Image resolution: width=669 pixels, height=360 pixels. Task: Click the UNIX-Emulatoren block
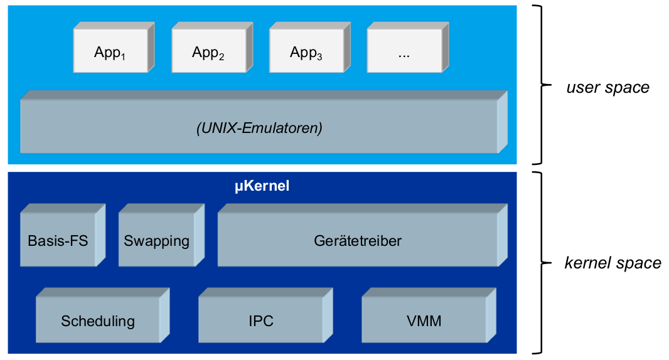pyautogui.click(x=259, y=128)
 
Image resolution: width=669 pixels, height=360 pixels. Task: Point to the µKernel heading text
pyautogui.click(x=262, y=186)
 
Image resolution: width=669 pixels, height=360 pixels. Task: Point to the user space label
pyautogui.click(x=607, y=87)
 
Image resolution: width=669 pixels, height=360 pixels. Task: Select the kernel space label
pyautogui.click(x=613, y=263)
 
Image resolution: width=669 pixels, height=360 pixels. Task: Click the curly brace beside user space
pyautogui.click(x=538, y=85)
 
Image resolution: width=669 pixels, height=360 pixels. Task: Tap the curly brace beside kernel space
pyautogui.click(x=538, y=262)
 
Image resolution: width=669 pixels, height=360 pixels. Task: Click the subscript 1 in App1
pyautogui.click(x=123, y=57)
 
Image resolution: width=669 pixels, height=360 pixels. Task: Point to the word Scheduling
pyautogui.click(x=98, y=322)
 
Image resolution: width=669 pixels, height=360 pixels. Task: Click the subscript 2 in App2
pyautogui.click(x=221, y=57)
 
